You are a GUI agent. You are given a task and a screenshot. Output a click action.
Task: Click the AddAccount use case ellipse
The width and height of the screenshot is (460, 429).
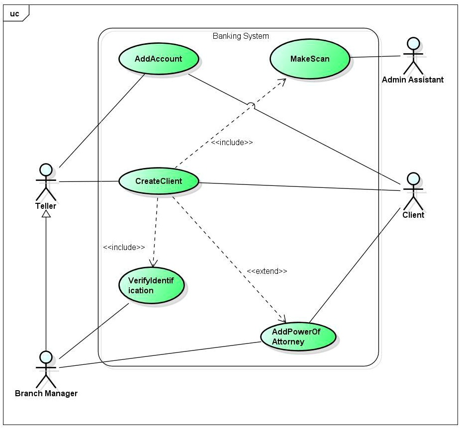coord(159,59)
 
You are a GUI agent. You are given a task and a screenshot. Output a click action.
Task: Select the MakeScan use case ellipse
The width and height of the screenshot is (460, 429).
coord(310,59)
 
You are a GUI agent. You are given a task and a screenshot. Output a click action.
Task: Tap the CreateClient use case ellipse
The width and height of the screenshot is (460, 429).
coord(159,181)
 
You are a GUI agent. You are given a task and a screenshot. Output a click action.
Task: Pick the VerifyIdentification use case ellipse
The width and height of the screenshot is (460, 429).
coord(152,286)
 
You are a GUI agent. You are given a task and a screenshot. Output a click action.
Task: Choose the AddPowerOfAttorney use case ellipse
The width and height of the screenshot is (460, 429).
coord(298,338)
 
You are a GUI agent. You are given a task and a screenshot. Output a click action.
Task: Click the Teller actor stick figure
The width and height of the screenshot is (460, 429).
coord(46,181)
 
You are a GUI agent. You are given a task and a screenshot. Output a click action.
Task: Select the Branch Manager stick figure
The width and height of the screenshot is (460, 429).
coord(46,369)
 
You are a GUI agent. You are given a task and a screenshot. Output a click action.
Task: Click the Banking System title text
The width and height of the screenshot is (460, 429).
coord(241,36)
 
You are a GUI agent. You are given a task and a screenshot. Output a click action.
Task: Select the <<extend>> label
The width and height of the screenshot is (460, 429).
coord(267,271)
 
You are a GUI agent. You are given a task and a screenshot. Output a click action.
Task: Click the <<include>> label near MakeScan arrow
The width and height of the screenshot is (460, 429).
coord(232,142)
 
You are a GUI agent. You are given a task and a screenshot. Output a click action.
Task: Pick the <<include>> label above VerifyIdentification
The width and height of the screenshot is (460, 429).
coord(124,247)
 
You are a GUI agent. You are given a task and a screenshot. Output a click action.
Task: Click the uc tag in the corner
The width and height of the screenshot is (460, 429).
coord(15,13)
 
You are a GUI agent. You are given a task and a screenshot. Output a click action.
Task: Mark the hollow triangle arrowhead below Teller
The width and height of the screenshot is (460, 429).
coord(46,214)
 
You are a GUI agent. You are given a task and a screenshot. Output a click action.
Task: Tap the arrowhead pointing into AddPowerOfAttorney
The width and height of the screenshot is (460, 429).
coord(283,320)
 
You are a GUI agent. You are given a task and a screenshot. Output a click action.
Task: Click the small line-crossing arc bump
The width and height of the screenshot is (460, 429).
coord(252,105)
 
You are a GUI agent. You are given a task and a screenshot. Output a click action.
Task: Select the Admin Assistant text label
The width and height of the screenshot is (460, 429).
coord(412,80)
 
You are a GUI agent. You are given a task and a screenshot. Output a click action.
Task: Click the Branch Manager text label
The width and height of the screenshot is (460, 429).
coord(46,393)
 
